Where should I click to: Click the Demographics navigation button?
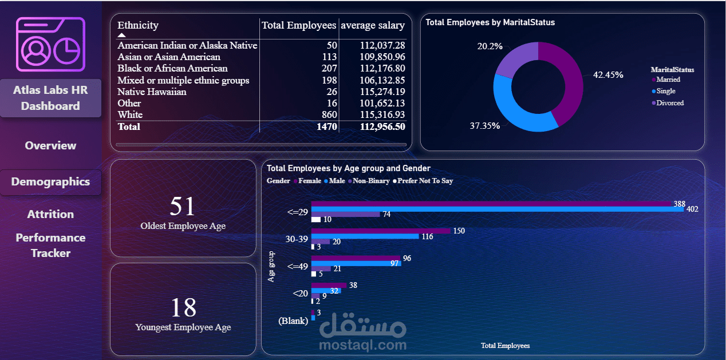coord(50,182)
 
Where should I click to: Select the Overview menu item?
coord(50,146)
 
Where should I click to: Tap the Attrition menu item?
coord(50,214)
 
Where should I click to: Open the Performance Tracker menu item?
coord(50,246)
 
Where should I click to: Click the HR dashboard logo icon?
coord(50,44)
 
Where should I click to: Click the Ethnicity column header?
coord(138,25)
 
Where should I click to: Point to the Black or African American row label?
coord(172,69)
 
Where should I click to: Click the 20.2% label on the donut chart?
coord(490,46)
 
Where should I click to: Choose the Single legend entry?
coord(665,91)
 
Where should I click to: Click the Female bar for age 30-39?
coord(381,231)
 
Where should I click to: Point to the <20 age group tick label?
coord(300,293)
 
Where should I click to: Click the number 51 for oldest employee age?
coord(183,207)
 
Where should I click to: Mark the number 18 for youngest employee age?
coord(183,307)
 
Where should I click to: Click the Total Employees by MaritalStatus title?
coord(490,22)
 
